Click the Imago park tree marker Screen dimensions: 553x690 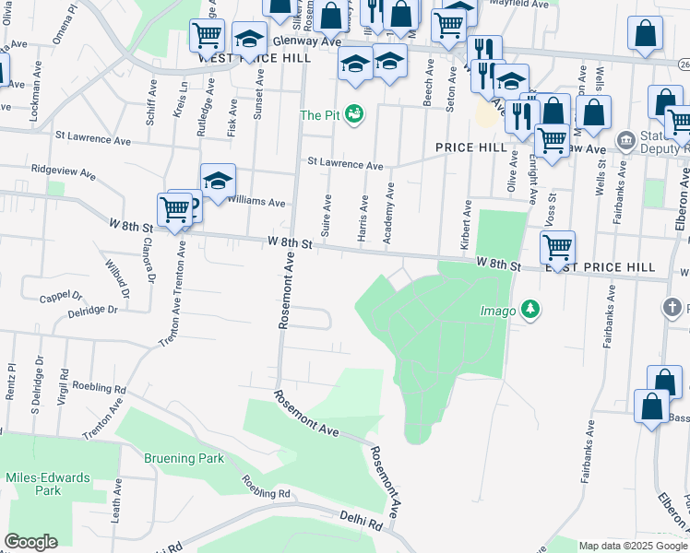(530, 310)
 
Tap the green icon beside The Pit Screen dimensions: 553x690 (355, 114)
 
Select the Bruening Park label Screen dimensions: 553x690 (183, 458)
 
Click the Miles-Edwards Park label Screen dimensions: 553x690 (48, 484)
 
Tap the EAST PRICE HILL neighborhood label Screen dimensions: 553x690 (600, 267)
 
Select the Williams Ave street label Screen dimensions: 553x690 (256, 201)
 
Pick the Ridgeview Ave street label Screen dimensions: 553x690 (64, 171)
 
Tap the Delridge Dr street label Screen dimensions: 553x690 (92, 311)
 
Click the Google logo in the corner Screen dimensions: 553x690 (30, 542)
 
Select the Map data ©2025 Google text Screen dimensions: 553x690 (633, 546)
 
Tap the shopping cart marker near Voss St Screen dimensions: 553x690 (557, 247)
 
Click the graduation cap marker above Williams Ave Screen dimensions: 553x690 (218, 181)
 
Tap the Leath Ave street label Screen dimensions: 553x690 (116, 501)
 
